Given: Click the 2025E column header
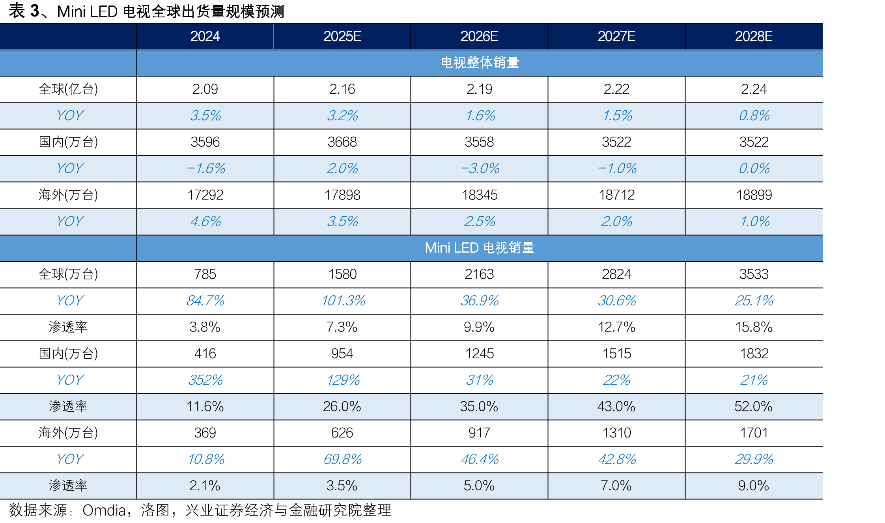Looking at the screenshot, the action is [342, 36].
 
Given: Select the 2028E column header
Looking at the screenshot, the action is [753, 36].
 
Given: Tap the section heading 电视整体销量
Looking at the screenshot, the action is [480, 63].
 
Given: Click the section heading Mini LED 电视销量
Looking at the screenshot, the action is [480, 248].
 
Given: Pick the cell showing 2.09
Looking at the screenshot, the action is [205, 89].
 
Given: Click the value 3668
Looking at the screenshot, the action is [342, 142].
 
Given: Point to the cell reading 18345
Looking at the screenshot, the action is [480, 195].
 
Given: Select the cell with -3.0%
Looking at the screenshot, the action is [480, 168].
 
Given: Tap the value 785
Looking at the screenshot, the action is [205, 274].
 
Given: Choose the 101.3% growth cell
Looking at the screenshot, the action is [343, 301].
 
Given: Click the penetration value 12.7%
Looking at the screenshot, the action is [616, 327].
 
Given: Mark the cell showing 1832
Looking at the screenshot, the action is [754, 354].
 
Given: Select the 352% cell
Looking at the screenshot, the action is [205, 380].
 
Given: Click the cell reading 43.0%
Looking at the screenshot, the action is [616, 406].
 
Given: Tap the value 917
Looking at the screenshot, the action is [479, 433].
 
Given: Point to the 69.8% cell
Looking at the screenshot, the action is [342, 459].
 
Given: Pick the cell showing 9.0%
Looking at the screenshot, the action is [753, 486].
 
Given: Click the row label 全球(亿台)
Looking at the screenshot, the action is [68, 89].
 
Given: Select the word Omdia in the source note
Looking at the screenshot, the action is [104, 510].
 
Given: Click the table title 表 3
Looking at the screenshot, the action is [24, 11].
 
